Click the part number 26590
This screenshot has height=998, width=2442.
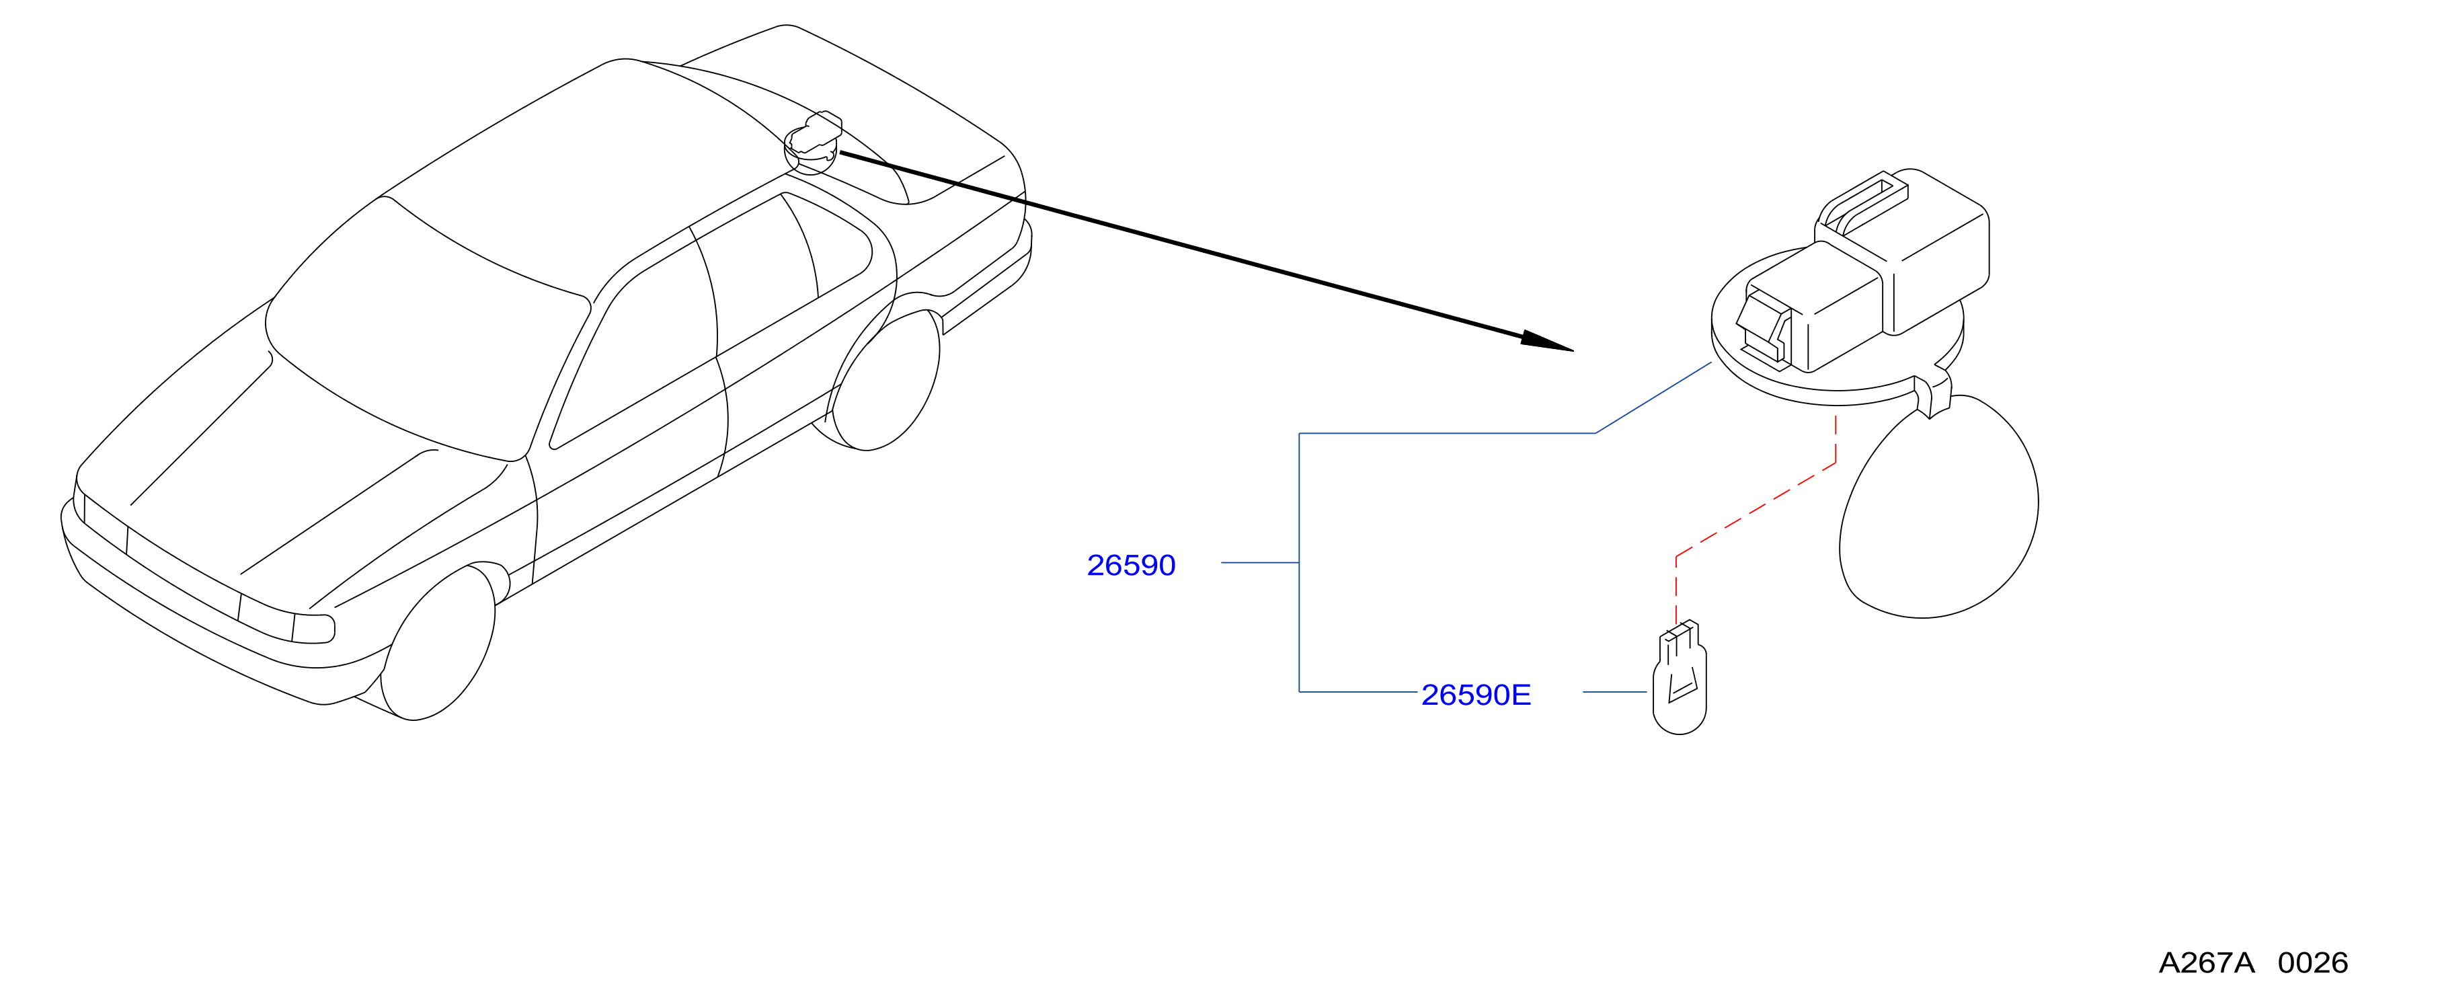coord(1131,565)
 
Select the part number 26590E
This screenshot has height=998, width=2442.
coord(1476,695)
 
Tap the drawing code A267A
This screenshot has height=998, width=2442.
coord(2206,963)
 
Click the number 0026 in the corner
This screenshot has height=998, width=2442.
coord(2313,963)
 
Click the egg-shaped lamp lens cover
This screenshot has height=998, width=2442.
coord(1938,506)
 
